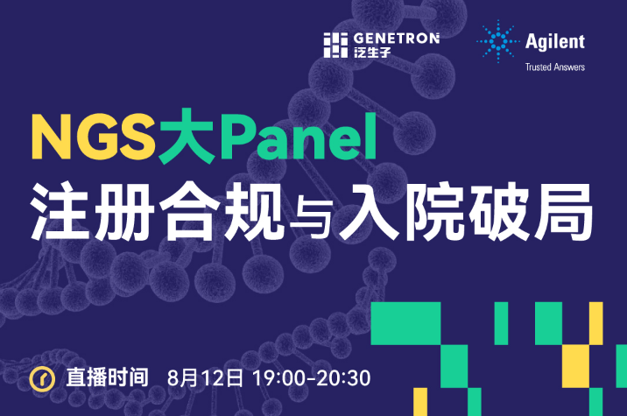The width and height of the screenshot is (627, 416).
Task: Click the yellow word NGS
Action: (94, 137)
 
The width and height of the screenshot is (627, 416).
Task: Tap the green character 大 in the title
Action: (187, 136)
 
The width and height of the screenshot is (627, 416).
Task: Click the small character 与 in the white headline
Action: (312, 217)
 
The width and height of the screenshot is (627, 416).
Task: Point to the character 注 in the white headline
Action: (60, 211)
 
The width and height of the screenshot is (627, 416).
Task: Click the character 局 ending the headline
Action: (564, 211)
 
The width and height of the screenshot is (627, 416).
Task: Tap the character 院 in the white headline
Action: (435, 211)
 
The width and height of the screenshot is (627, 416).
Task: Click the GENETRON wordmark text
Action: (397, 39)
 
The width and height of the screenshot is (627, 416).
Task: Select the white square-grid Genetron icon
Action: (335, 45)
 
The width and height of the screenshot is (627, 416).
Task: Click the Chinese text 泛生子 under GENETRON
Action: (372, 53)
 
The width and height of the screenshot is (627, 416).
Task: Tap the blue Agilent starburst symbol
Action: (498, 41)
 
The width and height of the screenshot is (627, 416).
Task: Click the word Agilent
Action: (555, 42)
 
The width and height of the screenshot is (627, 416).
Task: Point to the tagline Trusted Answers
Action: (555, 67)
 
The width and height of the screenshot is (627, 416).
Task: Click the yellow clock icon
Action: (42, 378)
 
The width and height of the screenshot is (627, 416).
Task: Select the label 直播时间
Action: (107, 377)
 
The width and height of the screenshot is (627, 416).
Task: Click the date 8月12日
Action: (205, 378)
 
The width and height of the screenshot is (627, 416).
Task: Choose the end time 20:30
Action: (344, 378)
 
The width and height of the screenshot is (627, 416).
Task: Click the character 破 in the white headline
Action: (499, 211)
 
